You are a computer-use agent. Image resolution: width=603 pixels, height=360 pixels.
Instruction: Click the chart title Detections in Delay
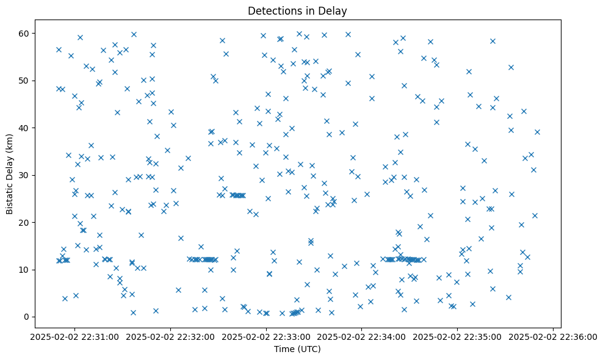pyautogui.click(x=297, y=10)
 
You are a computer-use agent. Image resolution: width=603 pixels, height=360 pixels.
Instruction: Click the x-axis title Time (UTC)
pyautogui.click(x=297, y=349)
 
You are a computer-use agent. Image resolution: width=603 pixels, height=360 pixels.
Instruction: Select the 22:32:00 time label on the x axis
pyautogui.click(x=170, y=336)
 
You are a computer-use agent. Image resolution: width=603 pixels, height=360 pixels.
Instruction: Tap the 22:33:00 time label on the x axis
pyautogui.click(x=266, y=336)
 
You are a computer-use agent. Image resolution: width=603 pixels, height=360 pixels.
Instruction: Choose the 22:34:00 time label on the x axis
pyautogui.click(x=362, y=336)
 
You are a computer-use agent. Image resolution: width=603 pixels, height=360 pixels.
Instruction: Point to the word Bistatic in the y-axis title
pyautogui.click(x=10, y=196)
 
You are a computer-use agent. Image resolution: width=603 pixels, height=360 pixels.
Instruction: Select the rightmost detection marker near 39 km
pyautogui.click(x=537, y=132)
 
